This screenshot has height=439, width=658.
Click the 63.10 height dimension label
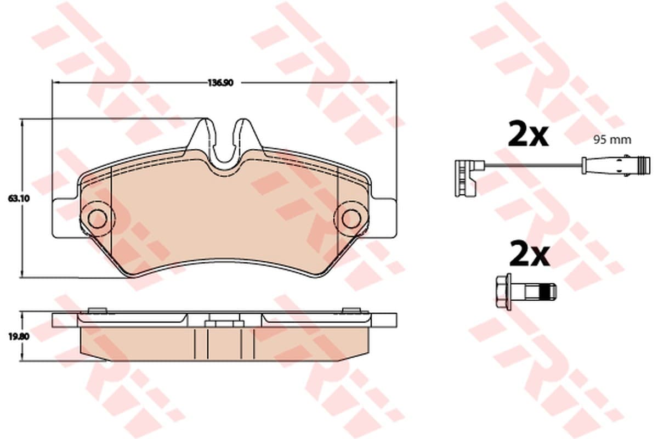[19, 199]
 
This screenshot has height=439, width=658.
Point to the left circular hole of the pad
[97, 219]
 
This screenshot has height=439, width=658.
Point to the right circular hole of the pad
[351, 219]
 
